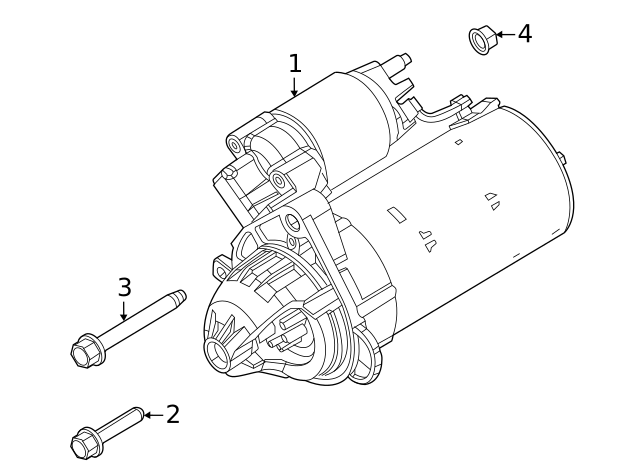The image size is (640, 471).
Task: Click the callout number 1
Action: pos(294,64)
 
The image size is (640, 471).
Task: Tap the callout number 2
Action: pos(172,414)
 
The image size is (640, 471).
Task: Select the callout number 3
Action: pos(124,288)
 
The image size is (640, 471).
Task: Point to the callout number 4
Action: pos(524,34)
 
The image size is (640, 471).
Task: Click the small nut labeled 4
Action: pos(481,39)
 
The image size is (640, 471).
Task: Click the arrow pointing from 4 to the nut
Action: pos(504,35)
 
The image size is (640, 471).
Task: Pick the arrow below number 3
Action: pos(124,311)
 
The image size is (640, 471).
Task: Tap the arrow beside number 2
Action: pos(152,414)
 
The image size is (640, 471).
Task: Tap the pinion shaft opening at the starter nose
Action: pos(216,351)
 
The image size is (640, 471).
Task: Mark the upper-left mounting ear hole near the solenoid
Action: pos(235,146)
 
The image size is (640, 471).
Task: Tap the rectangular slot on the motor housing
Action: pos(397,215)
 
